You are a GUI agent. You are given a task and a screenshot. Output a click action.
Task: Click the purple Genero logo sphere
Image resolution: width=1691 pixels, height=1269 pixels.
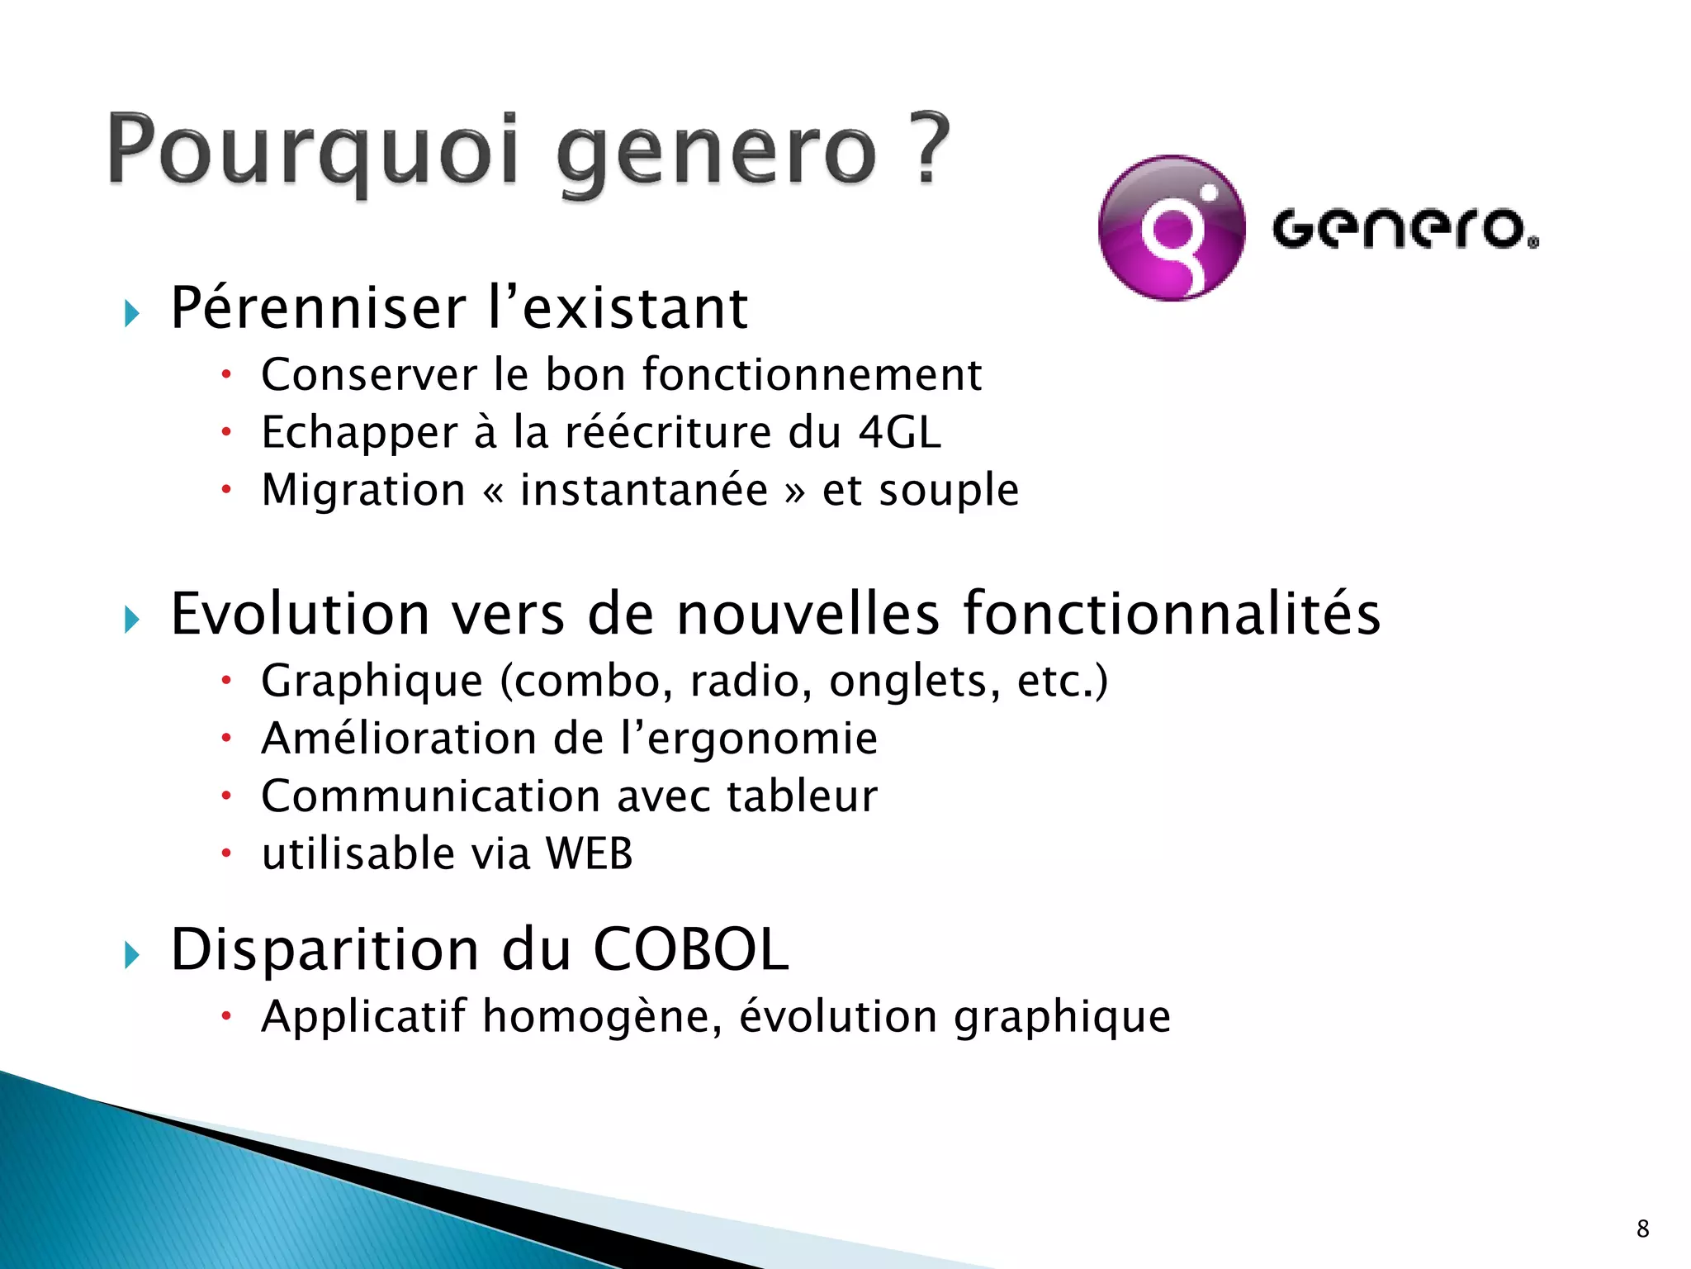tap(1172, 228)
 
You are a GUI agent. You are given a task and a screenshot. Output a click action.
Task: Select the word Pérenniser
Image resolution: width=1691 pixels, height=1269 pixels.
tap(318, 308)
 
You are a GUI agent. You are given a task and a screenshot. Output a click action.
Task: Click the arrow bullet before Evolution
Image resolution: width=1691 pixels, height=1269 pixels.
tap(132, 619)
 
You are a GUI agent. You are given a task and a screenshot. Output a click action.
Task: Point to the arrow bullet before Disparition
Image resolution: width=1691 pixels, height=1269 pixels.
tap(132, 955)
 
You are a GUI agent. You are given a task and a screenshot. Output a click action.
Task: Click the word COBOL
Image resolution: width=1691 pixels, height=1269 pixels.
tap(691, 949)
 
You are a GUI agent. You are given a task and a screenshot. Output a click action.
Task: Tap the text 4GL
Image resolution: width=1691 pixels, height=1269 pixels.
tap(899, 432)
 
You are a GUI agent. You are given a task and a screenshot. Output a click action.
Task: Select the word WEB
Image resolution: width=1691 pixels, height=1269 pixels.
tap(590, 853)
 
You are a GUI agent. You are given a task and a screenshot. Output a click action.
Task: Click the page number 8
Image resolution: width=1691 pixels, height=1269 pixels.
tap(1642, 1229)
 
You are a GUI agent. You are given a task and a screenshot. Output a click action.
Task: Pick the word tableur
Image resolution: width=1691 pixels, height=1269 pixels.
tap(802, 796)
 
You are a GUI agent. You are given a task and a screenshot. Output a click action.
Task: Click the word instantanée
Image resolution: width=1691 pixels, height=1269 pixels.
tap(644, 490)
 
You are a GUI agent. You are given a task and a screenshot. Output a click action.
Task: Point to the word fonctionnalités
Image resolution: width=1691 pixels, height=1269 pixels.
tap(1172, 614)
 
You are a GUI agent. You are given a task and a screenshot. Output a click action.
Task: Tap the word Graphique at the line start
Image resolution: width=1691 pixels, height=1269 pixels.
tap(372, 682)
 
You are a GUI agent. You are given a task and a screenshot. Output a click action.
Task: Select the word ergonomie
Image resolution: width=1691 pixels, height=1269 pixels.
tap(763, 739)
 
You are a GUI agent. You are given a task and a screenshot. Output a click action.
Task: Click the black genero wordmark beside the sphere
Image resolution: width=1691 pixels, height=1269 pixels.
tap(1404, 229)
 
